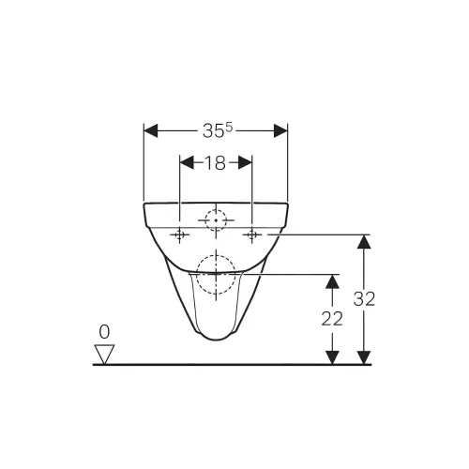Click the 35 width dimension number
pos(214,131)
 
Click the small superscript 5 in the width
pos(229,127)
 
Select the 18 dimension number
pos(215,163)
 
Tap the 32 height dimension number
pos(364,299)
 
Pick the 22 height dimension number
pos(332,319)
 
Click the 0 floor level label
pos(104,332)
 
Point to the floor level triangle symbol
pos(104,354)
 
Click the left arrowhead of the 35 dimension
pos(151,130)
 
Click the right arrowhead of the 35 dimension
pos(280,130)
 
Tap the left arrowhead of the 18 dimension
pos(187,162)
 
